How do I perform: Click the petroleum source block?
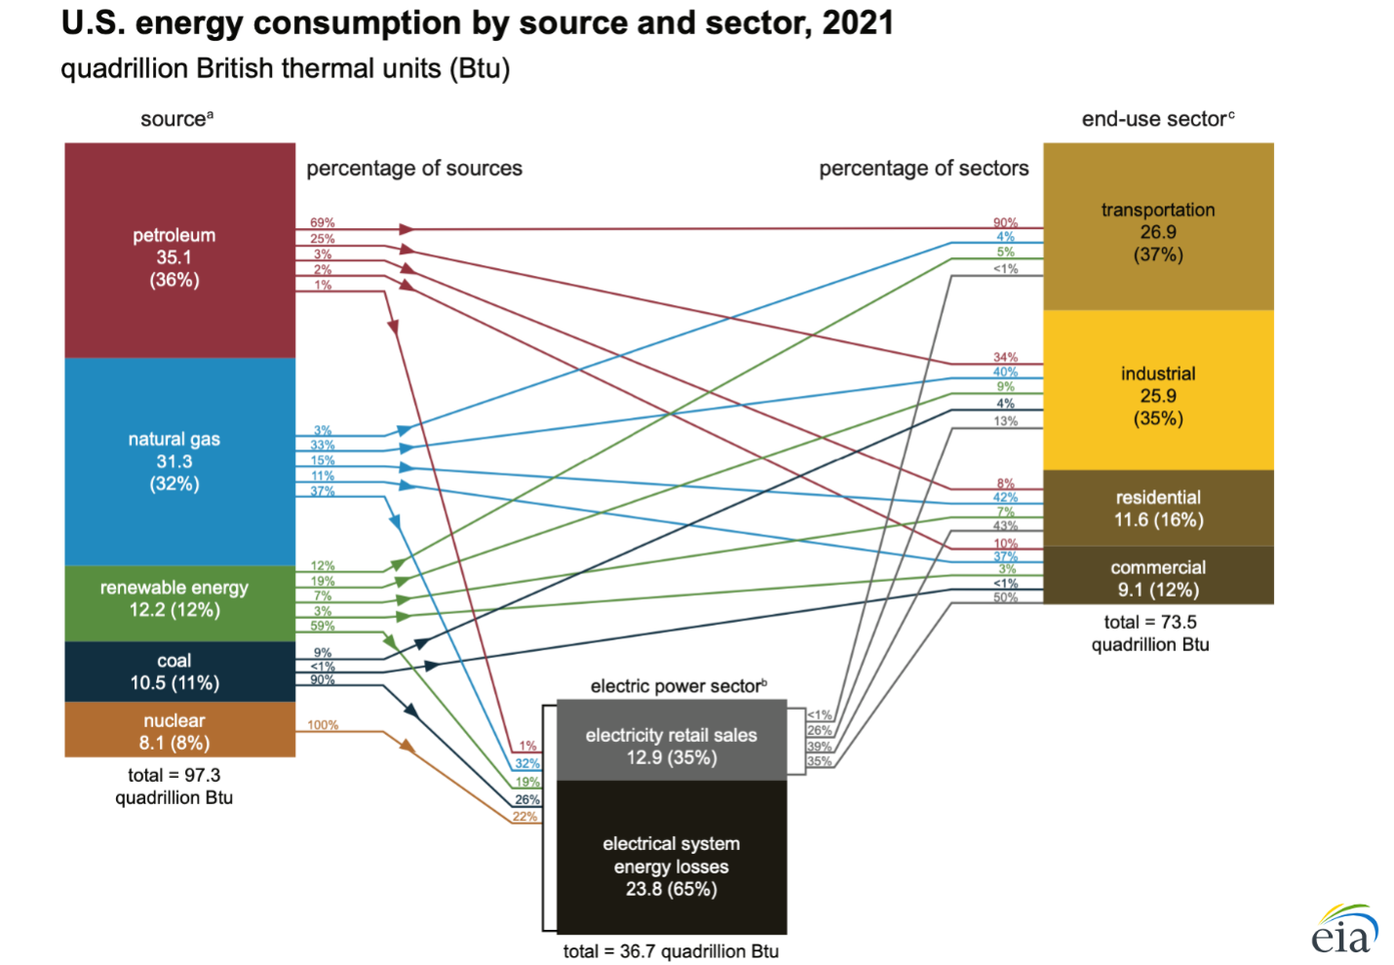click(x=179, y=251)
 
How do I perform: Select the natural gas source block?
click(x=179, y=462)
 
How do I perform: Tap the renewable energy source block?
click(x=179, y=603)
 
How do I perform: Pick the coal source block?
click(x=179, y=672)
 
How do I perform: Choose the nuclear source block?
click(x=179, y=729)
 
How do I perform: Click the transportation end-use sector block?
click(x=1158, y=226)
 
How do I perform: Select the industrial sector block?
click(x=1158, y=390)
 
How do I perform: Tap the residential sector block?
click(x=1158, y=508)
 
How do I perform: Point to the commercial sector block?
click(x=1158, y=575)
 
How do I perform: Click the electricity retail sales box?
click(x=672, y=740)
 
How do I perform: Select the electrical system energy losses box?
click(x=672, y=858)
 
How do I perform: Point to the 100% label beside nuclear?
click(x=323, y=725)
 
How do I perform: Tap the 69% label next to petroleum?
click(x=323, y=223)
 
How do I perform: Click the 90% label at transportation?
click(x=1005, y=223)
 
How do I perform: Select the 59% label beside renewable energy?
click(x=323, y=626)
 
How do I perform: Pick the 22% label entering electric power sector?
click(x=524, y=817)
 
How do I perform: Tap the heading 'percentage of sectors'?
click(x=923, y=168)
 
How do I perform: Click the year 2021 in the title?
click(x=858, y=23)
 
